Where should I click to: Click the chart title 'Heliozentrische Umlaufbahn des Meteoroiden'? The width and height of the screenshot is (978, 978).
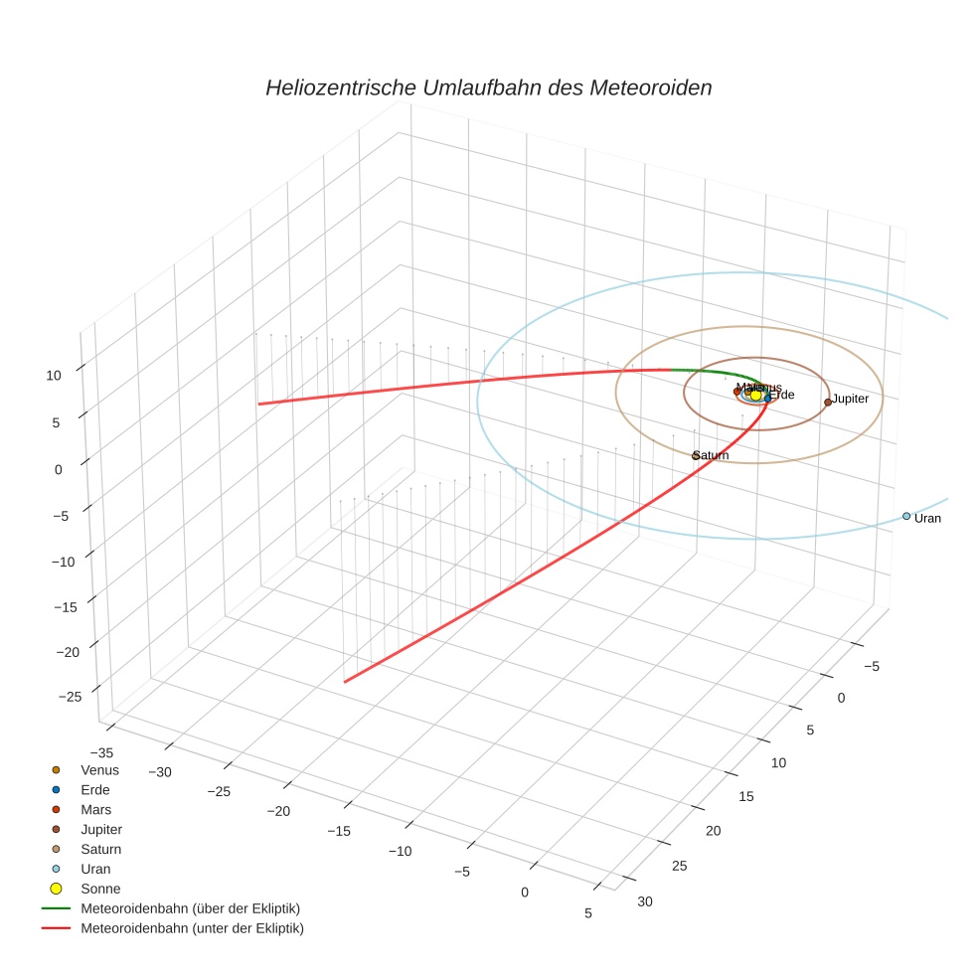(488, 87)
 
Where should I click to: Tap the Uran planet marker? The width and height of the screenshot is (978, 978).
(905, 516)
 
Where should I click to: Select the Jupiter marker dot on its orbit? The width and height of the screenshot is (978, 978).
(828, 403)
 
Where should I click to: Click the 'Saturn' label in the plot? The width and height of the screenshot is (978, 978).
(712, 455)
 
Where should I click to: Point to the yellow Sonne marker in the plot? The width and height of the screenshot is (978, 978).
(755, 396)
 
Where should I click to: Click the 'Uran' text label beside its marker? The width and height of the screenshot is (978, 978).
(927, 519)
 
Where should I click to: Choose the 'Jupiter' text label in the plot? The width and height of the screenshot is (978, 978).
(851, 399)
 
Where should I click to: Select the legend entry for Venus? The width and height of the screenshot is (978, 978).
(99, 770)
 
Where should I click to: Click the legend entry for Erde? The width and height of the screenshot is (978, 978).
(95, 790)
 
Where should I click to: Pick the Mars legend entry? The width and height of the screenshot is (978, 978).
(95, 810)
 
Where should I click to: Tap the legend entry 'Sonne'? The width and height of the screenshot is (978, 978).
(99, 889)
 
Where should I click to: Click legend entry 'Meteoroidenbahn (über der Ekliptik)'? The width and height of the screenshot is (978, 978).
(190, 908)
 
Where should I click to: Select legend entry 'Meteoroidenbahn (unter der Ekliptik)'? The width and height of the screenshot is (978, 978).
(192, 928)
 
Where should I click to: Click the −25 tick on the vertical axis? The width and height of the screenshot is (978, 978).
(70, 697)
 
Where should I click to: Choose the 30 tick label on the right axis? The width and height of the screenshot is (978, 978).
(645, 901)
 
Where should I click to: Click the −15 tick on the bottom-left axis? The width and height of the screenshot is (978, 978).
(339, 831)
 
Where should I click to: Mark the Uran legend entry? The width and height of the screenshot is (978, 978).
(95, 869)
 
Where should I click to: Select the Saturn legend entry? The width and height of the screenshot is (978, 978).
(100, 849)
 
